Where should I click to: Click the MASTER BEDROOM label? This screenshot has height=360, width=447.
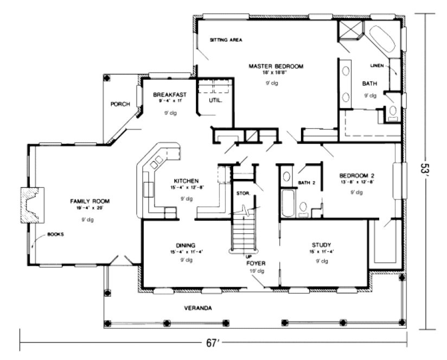(276, 66)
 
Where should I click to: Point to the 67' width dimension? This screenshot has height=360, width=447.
(211, 343)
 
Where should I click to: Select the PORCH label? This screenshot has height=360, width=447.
(119, 104)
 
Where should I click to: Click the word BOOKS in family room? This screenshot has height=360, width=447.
(55, 234)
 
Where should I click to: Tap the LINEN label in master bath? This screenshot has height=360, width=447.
(376, 66)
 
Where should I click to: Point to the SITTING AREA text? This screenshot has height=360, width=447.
(226, 40)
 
